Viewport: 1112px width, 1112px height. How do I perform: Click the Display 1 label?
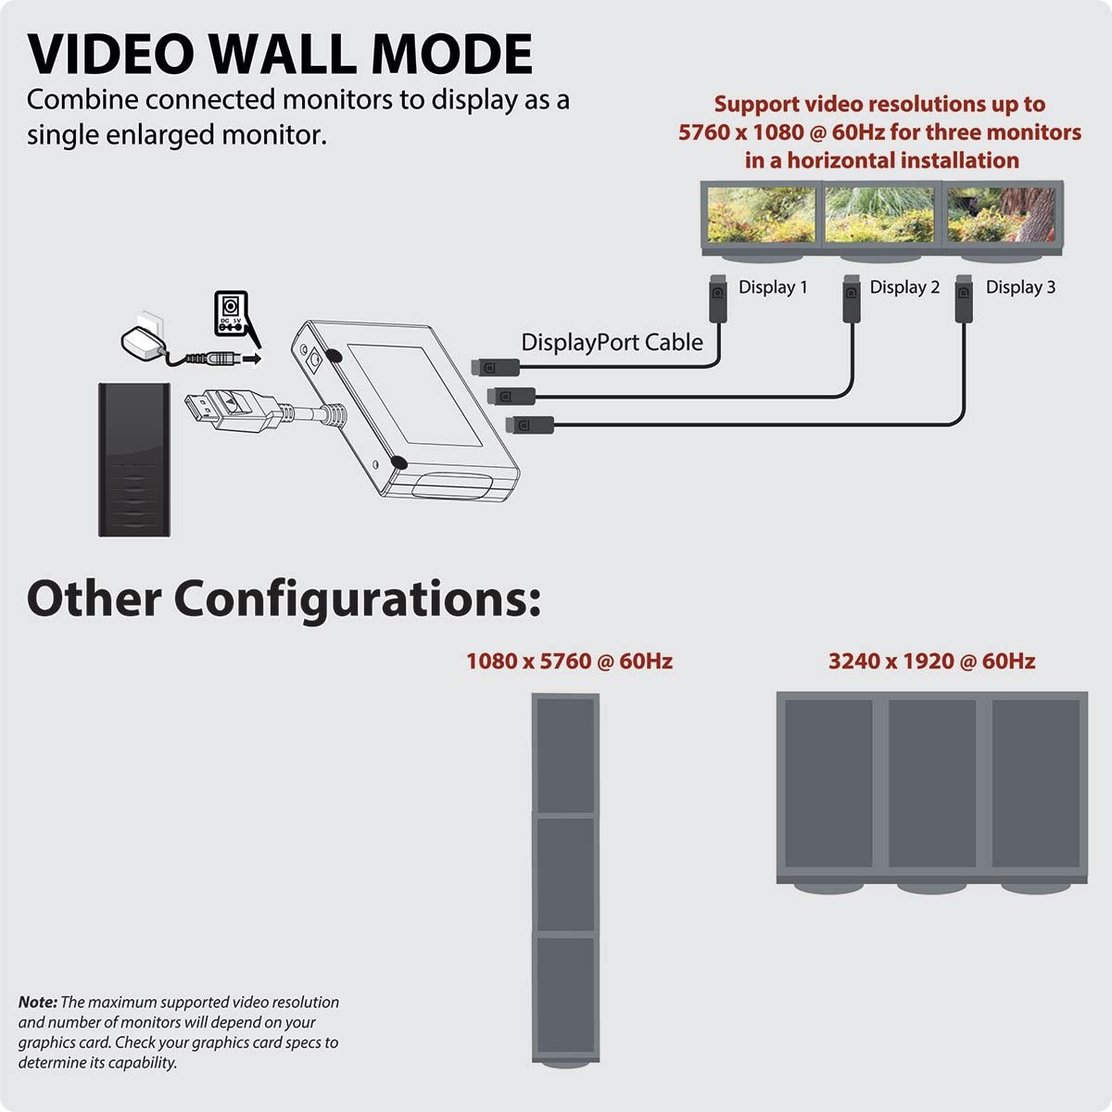click(773, 286)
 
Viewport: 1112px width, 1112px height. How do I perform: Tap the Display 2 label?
click(904, 286)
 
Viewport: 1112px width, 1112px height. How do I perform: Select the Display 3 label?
click(1020, 286)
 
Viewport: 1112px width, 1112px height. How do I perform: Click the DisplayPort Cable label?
click(612, 342)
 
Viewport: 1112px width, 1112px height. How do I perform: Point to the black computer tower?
click(134, 460)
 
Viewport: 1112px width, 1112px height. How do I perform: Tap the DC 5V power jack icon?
click(231, 313)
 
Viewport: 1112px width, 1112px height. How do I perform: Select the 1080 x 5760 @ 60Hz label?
click(570, 662)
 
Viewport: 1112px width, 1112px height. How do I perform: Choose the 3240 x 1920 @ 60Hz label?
click(932, 662)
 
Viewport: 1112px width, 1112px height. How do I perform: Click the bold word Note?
click(37, 1002)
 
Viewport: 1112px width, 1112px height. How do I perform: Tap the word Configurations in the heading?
click(358, 600)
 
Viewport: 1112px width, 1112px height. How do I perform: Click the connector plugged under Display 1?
click(717, 298)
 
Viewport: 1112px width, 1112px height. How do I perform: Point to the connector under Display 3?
click(964, 298)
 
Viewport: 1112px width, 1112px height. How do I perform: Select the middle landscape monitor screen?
click(879, 215)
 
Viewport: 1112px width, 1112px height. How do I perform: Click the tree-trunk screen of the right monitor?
click(1001, 215)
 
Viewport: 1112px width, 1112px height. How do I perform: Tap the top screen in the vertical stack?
click(565, 755)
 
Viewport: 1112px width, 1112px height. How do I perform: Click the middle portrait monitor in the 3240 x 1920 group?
click(932, 783)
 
